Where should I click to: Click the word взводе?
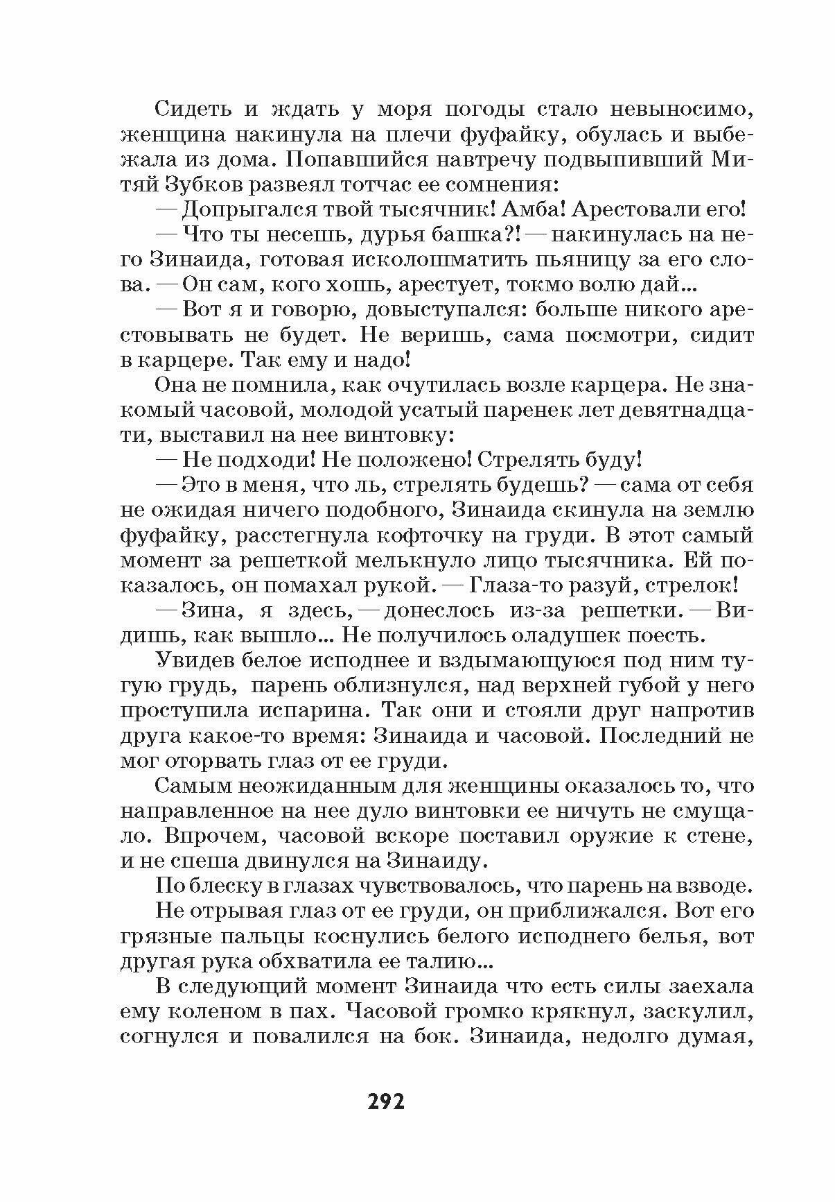tap(709, 886)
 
